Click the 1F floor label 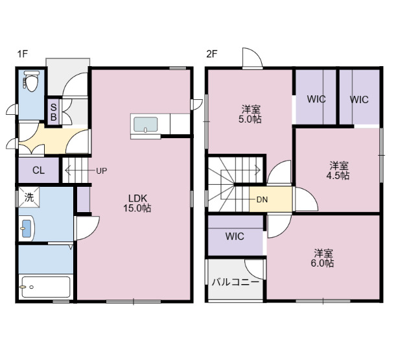pyautogui.click(x=23, y=54)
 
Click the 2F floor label pyautogui.click(x=211, y=54)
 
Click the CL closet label pyautogui.click(x=38, y=171)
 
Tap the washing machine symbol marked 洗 pyautogui.click(x=29, y=197)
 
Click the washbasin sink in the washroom pyautogui.click(x=27, y=228)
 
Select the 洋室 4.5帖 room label pyautogui.click(x=338, y=170)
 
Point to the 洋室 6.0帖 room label pyautogui.click(x=324, y=258)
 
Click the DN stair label pyautogui.click(x=262, y=200)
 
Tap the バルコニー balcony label pyautogui.click(x=235, y=282)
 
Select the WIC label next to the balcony pyautogui.click(x=235, y=236)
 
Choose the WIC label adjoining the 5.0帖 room pyautogui.click(x=316, y=100)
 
